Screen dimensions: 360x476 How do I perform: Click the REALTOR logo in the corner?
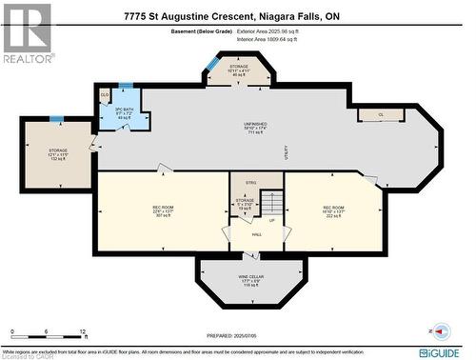pyautogui.click(x=26, y=32)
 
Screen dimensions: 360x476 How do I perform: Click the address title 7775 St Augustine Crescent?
pyautogui.click(x=238, y=16)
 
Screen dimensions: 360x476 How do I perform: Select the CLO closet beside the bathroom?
pyautogui.click(x=105, y=95)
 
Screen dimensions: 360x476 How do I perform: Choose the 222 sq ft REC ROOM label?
pyautogui.click(x=333, y=210)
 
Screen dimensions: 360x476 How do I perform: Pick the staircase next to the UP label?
pyautogui.click(x=273, y=203)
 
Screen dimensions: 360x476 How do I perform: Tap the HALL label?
pyautogui.click(x=256, y=233)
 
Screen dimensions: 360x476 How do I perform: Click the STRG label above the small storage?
pyautogui.click(x=251, y=181)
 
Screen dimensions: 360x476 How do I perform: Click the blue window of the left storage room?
pyautogui.click(x=57, y=120)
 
